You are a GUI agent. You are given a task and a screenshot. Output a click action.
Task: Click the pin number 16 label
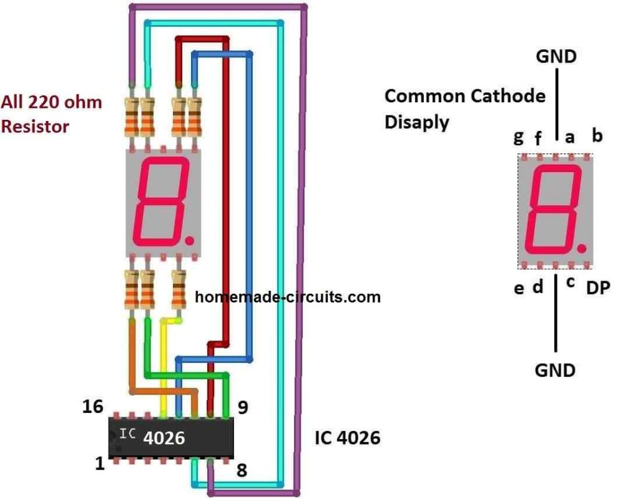pyautogui.click(x=94, y=407)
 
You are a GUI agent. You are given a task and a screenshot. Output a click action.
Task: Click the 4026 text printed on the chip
pyautogui.click(x=164, y=438)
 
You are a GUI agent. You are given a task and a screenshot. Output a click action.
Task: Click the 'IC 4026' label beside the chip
pyautogui.click(x=348, y=438)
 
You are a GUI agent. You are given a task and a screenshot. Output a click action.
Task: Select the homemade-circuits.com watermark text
pyautogui.click(x=287, y=297)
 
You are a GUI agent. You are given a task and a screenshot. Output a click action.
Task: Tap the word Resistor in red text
pyautogui.click(x=36, y=127)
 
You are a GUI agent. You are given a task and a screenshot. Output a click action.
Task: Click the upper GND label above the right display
pyautogui.click(x=556, y=57)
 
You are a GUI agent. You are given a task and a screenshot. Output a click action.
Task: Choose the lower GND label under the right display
pyautogui.click(x=555, y=370)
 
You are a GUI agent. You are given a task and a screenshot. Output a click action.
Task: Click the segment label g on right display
pyautogui.click(x=519, y=137)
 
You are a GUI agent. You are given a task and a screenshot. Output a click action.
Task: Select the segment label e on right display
pyautogui.click(x=519, y=289)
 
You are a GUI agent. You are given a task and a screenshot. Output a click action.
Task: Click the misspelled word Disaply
pyautogui.click(x=416, y=122)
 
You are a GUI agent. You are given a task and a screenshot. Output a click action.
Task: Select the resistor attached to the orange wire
pyautogui.click(x=132, y=291)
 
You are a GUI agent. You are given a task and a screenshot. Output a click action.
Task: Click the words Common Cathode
pyautogui.click(x=464, y=96)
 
